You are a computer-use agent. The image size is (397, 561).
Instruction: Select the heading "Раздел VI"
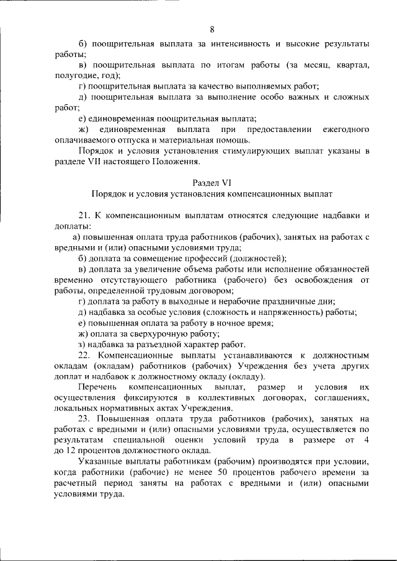[x=213, y=182]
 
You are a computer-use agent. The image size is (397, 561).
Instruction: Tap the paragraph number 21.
[x=85, y=216]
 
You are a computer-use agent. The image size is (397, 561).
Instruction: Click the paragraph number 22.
[x=85, y=355]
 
